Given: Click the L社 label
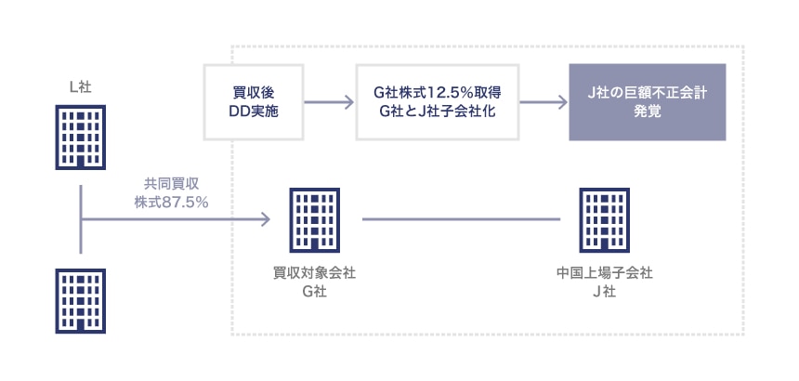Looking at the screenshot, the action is coord(81,87).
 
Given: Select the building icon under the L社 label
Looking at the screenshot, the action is coord(81,137).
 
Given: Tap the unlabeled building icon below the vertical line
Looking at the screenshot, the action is coord(81,301).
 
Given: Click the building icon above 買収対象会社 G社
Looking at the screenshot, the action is coord(314,220).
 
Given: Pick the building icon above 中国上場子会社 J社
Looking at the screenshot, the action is coord(604,220).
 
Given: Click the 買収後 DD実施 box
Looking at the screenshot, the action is coord(254,102).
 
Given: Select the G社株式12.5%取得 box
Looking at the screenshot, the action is coord(438,102).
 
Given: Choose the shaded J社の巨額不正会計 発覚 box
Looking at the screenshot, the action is coord(648,102).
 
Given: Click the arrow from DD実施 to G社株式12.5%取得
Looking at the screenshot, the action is coord(329,102).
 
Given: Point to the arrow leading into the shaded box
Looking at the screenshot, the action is coord(544,102).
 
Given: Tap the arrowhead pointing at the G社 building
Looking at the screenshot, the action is coord(266,219).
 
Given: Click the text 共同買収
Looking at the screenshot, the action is coord(171,184).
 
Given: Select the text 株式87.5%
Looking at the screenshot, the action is coord(171,203).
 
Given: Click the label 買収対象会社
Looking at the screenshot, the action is coord(314,273).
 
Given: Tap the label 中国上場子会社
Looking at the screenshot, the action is coord(604,273).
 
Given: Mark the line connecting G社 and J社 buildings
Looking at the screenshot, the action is coord(461,219).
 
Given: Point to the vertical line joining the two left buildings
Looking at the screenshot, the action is coord(81,219).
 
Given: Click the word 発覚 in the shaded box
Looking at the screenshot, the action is coord(648,112).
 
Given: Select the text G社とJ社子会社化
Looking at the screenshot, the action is coord(438,112).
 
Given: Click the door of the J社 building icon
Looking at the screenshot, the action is coord(604,244).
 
